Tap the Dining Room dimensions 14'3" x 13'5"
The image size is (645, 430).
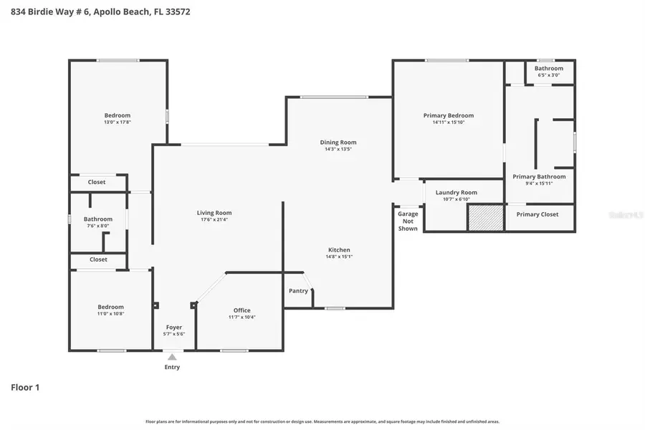tap(338, 149)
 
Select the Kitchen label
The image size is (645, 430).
tap(339, 249)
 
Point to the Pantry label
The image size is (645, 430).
tap(298, 291)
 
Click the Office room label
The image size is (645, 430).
tap(242, 310)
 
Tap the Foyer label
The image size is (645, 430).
tap(174, 328)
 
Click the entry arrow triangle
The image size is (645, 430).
tap(172, 356)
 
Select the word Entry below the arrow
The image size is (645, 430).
tap(172, 368)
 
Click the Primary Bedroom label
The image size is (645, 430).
tap(448, 115)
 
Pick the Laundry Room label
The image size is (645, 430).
tap(456, 193)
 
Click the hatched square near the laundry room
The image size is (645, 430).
tap(485, 218)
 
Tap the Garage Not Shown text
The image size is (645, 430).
tap(408, 221)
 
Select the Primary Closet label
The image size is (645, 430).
tap(537, 214)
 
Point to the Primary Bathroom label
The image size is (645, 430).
tap(539, 176)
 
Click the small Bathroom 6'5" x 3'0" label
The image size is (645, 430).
tap(548, 68)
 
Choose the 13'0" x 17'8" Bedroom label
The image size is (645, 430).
tap(118, 115)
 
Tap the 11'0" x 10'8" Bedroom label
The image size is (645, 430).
tap(110, 307)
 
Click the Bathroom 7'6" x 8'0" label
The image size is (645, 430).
tap(97, 219)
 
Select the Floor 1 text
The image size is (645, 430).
tap(25, 388)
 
